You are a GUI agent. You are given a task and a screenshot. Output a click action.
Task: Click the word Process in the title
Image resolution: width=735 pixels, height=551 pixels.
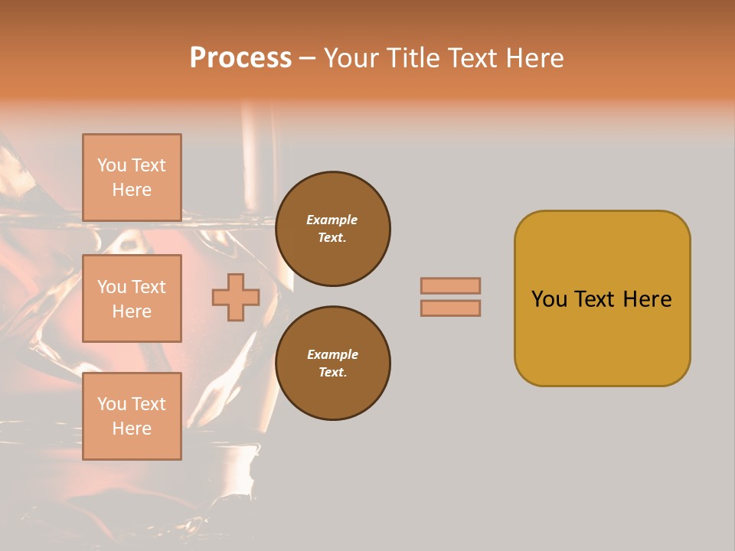point(240,58)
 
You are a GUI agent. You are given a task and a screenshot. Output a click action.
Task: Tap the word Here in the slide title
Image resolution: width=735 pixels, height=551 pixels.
point(534,58)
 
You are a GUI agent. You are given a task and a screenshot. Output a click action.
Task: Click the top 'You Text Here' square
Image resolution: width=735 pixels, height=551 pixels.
point(132,178)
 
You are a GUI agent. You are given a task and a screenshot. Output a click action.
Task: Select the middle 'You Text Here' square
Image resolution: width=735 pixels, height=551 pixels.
point(132,298)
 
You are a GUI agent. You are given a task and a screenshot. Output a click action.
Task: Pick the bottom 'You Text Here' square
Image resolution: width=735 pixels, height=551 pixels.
point(132,416)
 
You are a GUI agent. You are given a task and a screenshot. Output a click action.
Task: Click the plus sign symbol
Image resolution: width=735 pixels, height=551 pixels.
point(236,298)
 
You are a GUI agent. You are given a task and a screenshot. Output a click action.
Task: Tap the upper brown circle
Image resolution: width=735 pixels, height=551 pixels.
point(333,229)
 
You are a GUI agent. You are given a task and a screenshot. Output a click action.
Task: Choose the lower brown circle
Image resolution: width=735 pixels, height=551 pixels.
point(333,364)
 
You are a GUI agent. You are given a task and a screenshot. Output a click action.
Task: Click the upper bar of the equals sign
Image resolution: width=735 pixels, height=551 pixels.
point(451,285)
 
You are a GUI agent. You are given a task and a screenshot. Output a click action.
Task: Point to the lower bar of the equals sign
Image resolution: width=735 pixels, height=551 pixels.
point(451,308)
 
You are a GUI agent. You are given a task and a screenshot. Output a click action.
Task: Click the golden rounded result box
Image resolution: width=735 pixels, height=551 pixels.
point(602,298)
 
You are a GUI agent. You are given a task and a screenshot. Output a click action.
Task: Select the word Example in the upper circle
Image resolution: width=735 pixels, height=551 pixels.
point(332,220)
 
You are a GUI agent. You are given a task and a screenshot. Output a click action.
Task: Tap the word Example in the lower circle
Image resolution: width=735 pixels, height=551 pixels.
point(332,354)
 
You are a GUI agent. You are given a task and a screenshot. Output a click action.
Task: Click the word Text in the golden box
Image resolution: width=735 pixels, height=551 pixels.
point(596,299)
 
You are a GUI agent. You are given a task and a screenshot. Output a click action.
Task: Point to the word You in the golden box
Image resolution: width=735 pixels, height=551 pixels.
point(549,299)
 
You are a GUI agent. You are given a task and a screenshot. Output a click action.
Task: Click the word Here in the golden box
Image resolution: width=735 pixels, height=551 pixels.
point(647,299)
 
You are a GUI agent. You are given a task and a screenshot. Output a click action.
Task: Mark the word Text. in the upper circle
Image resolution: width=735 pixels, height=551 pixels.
point(332,238)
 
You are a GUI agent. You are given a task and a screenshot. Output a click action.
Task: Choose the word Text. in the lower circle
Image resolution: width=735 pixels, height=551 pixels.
point(332,373)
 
